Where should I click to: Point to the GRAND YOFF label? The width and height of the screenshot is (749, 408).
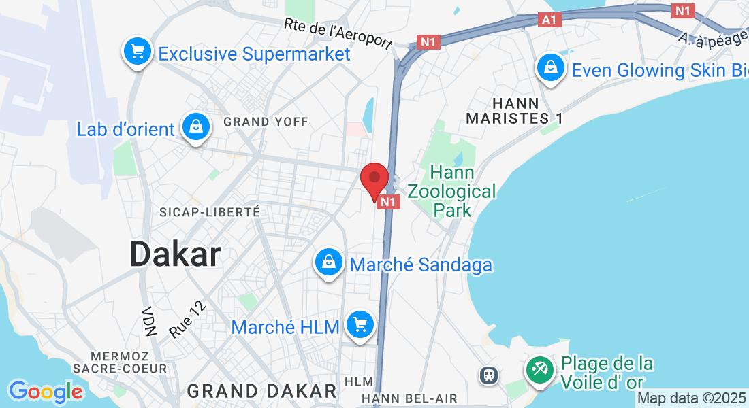tap(266, 122)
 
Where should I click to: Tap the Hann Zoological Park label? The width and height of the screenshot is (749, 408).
tap(453, 192)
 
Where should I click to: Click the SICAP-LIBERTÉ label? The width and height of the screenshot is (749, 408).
tap(210, 212)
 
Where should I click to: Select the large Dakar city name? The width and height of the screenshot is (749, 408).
tap(175, 255)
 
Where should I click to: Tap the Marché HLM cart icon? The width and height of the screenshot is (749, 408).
tap(359, 325)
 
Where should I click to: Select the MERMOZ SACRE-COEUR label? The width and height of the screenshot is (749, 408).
tap(129, 362)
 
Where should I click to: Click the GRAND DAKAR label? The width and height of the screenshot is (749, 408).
tap(262, 391)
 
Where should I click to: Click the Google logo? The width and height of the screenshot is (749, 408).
tap(46, 392)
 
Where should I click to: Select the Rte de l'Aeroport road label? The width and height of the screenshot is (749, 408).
tap(338, 33)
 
